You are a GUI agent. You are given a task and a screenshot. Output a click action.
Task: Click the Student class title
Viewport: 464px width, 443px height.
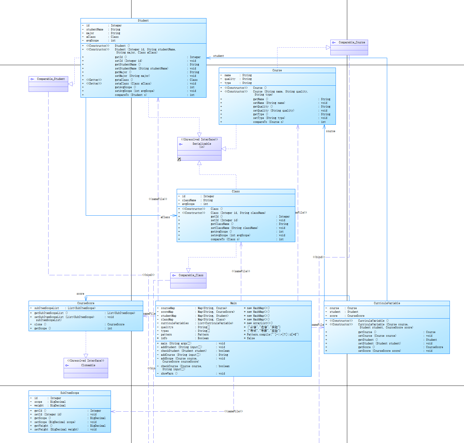tap(143, 21)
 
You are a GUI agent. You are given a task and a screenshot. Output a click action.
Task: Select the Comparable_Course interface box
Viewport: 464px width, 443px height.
tap(349, 47)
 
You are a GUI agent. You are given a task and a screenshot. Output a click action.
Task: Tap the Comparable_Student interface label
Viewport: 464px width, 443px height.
tap(51, 79)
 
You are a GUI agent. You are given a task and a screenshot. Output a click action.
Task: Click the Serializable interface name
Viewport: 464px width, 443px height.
tap(202, 144)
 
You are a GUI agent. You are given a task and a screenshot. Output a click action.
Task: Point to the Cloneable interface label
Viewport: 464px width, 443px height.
tap(88, 365)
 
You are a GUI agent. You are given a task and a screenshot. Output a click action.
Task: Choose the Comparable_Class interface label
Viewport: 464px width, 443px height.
tap(191, 275)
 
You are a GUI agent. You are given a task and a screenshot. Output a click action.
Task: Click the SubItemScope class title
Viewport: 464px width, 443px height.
tap(69, 393)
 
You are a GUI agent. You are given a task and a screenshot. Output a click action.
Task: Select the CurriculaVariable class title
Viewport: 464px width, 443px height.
tap(387, 303)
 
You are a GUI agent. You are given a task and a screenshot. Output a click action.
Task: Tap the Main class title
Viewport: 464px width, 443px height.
tap(233, 303)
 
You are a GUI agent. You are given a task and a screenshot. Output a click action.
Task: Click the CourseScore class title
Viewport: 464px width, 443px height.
tap(86, 303)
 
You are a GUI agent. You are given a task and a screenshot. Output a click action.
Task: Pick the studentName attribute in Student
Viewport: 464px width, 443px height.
tap(95, 29)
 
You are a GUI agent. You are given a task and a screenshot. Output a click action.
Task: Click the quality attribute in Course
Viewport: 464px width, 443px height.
tap(230, 79)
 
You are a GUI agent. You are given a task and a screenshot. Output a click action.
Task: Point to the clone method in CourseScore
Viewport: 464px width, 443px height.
tap(40, 324)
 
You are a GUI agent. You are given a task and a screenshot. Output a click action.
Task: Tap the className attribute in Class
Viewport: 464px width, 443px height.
tap(189, 200)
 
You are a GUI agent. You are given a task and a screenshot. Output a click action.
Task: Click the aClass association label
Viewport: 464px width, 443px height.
tap(165, 217)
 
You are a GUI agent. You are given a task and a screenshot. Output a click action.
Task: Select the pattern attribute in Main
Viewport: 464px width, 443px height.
tap(166, 335)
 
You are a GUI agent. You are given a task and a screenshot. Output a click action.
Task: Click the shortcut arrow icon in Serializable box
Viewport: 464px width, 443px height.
tap(179, 159)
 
